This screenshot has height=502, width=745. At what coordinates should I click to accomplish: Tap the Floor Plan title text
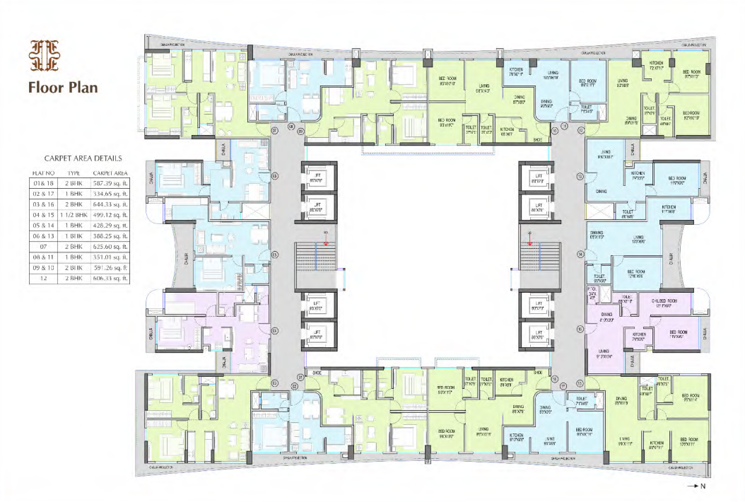point(63,88)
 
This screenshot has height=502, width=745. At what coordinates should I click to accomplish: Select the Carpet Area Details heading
point(83,159)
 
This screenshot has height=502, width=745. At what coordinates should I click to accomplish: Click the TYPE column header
point(74,172)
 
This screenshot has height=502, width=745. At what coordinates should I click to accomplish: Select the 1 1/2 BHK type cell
point(74,214)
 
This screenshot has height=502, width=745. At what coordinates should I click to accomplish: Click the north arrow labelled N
point(696,486)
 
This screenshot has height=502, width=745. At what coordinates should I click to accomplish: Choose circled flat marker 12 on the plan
point(581,130)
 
